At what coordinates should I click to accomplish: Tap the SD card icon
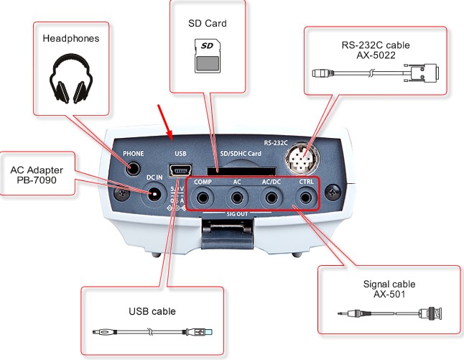pos(207,56)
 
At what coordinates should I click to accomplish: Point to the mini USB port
pos(180,171)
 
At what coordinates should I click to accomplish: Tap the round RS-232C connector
pos(306,160)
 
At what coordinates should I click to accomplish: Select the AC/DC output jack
pos(271,197)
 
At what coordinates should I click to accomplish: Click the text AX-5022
pos(376,55)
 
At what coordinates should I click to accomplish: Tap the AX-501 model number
pos(391,295)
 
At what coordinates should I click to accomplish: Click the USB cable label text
pos(152,311)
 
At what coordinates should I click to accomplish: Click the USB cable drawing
pos(152,332)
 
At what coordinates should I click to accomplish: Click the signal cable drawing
pos(390,314)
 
